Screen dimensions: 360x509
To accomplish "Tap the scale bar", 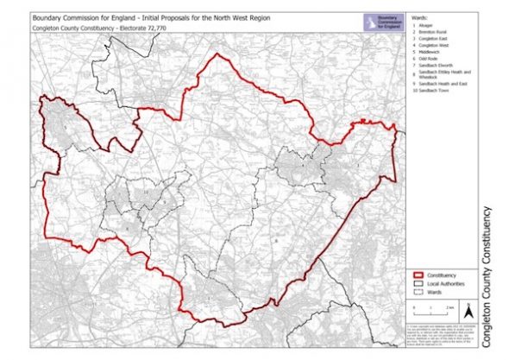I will pos(426,309).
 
